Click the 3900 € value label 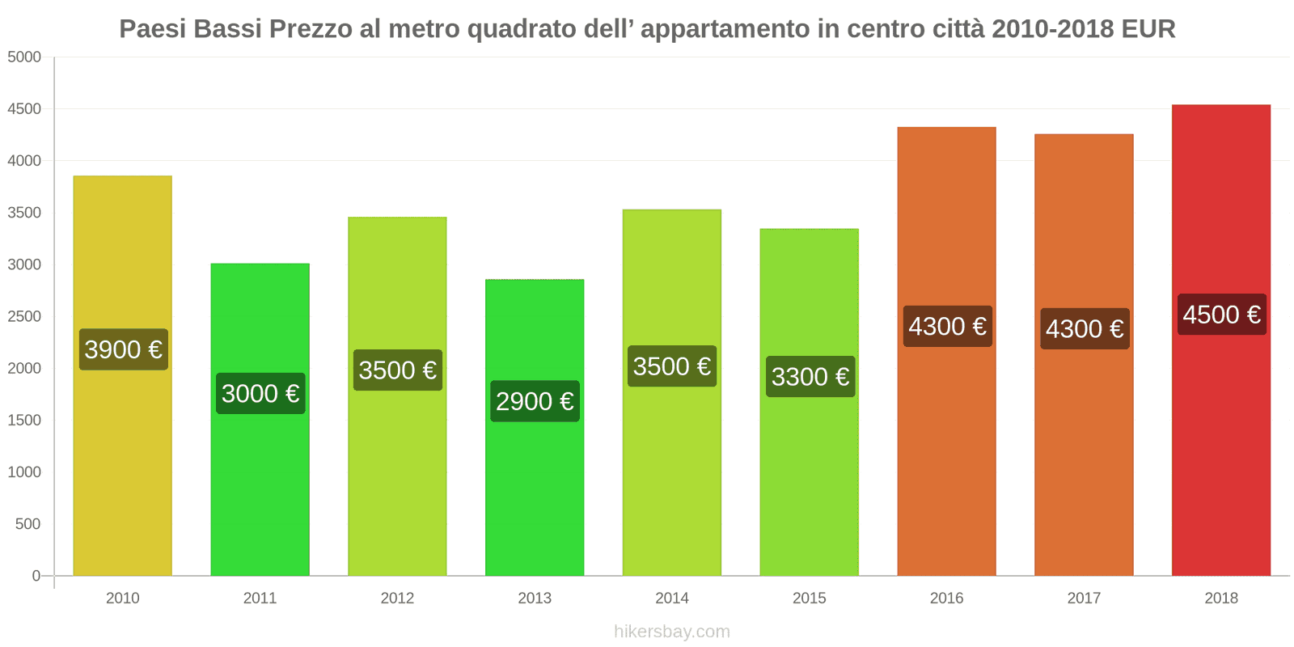pos(124,349)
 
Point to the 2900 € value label pos(535,401)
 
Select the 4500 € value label pos(1221,315)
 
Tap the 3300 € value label pos(810,377)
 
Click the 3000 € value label pos(260,394)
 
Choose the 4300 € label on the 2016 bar pos(947,327)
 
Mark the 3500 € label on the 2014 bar pos(672,366)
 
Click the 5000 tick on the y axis pos(24,57)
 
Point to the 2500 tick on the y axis pos(24,316)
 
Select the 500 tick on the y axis pos(27,524)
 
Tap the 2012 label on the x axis pos(397,598)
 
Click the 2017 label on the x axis pos(1084,598)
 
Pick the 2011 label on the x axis pos(260,598)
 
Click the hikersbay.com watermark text pos(671,632)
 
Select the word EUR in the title pos(1148,29)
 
